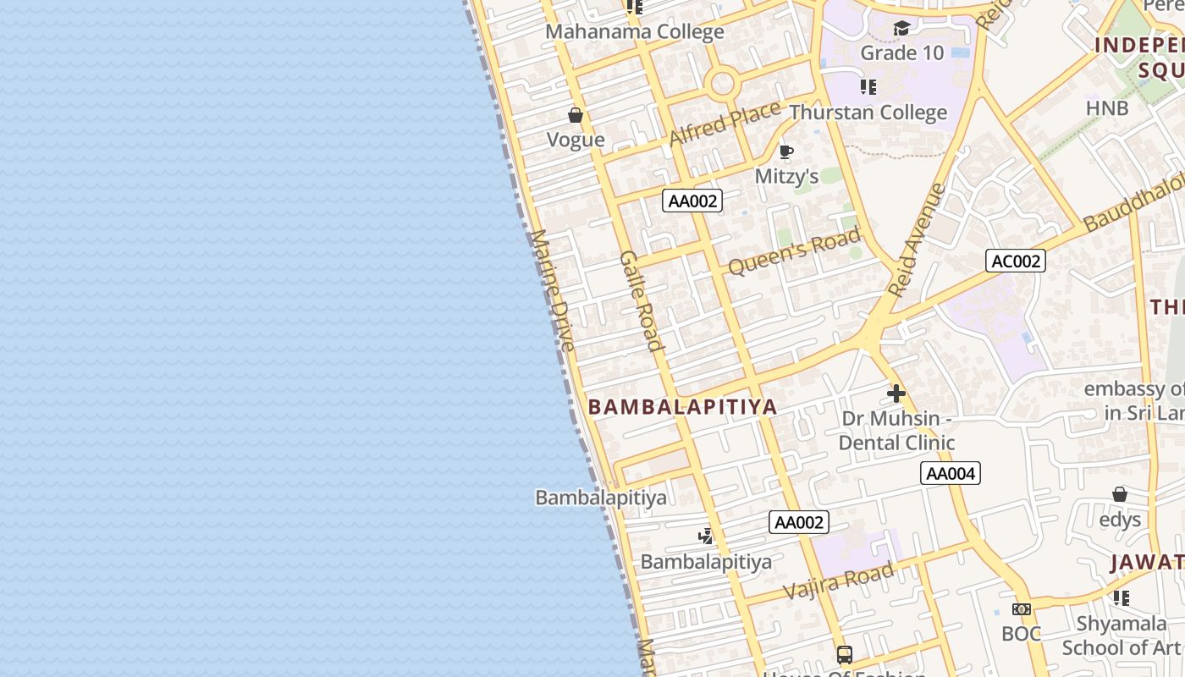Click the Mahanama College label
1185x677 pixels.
point(634,32)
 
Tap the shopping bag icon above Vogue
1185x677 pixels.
point(576,115)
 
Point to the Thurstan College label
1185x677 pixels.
point(868,113)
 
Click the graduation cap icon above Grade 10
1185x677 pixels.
point(901,29)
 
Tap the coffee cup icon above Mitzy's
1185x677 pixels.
point(785,152)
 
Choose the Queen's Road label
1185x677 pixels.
point(794,250)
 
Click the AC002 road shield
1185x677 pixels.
point(1015,261)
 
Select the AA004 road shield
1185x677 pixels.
point(950,473)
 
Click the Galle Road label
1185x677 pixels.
point(641,300)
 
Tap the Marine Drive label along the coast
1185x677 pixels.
point(553,289)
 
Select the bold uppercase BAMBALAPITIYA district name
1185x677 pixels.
point(682,407)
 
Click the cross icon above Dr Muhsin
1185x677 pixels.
point(896,393)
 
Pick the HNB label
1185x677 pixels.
point(1107,108)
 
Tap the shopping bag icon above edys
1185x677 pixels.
point(1120,494)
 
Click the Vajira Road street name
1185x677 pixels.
point(838,581)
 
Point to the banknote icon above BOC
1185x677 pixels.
point(1022,609)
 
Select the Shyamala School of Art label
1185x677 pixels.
point(1121,636)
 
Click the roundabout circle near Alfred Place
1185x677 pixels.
point(722,84)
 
